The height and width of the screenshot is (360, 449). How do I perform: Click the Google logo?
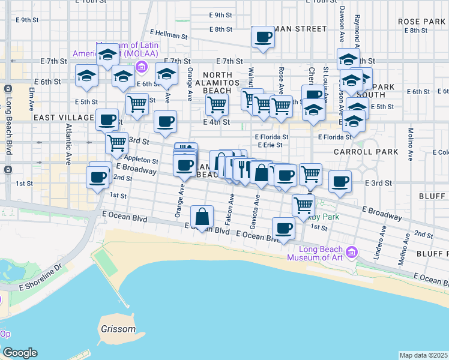coord(19,353)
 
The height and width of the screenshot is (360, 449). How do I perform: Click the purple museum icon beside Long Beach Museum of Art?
coord(352,251)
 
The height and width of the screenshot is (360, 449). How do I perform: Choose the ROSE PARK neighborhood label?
coord(421,22)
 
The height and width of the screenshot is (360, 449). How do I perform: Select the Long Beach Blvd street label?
coord(8,126)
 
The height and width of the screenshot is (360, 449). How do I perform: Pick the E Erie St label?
coord(270,145)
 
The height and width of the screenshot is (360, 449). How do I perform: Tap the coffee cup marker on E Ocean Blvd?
coord(283,228)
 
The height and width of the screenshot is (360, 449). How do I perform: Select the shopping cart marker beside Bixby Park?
coord(304,205)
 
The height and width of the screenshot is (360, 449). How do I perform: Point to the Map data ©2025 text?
coord(424,355)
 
